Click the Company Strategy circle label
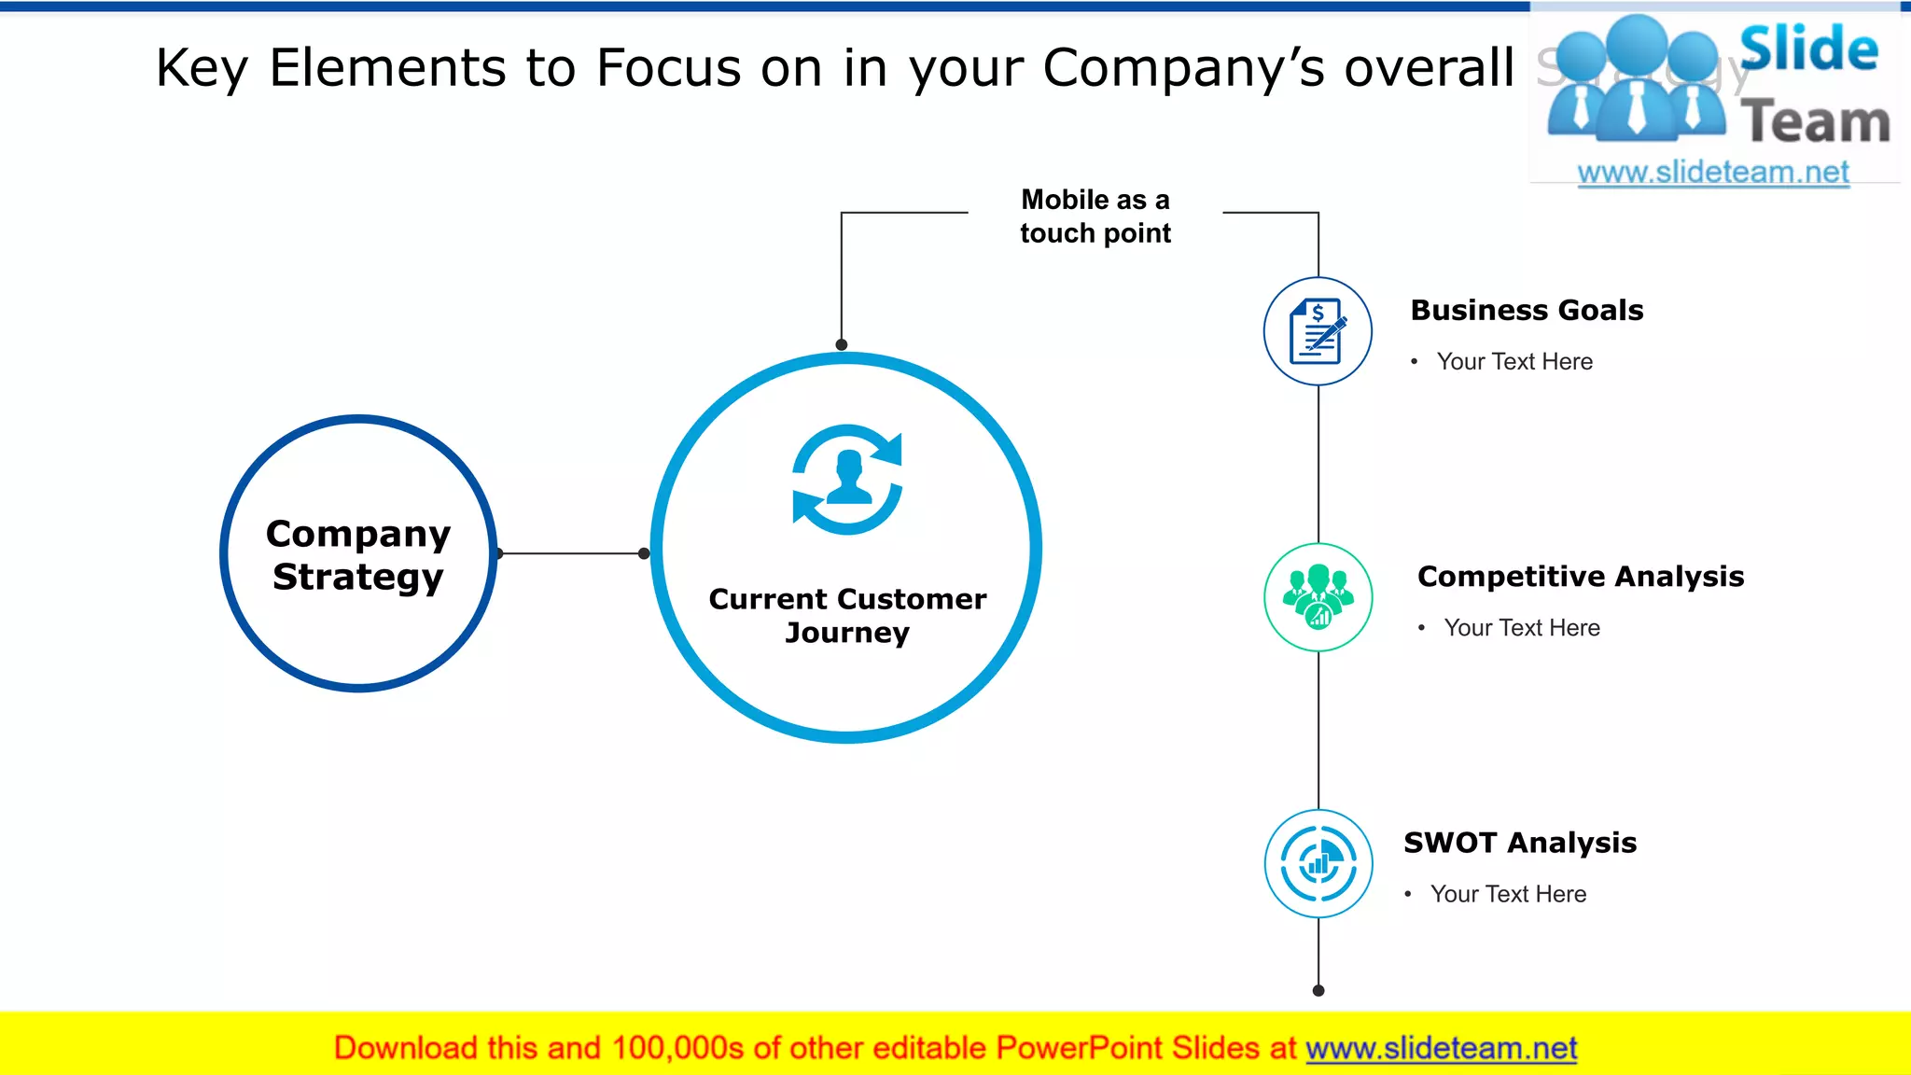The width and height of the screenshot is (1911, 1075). click(x=358, y=554)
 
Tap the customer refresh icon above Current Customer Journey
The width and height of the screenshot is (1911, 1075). click(x=847, y=480)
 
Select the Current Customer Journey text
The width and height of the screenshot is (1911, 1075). click(x=847, y=615)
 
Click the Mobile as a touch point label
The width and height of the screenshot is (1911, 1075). click(x=1095, y=216)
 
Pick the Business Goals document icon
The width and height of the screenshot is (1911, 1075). click(x=1318, y=331)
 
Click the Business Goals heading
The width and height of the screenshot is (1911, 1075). click(x=1527, y=310)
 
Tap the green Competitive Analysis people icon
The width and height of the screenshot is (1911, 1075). click(x=1318, y=597)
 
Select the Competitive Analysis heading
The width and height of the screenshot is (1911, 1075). click(x=1580, y=576)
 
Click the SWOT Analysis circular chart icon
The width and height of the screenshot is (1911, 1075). click(x=1318, y=863)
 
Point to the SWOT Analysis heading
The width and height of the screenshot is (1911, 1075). click(x=1519, y=842)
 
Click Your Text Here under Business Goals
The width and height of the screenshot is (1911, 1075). click(x=1513, y=361)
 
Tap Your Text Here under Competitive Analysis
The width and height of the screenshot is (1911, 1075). click(x=1521, y=627)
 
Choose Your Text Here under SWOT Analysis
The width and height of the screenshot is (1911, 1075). click(x=1508, y=894)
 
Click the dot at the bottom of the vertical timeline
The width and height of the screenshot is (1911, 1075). click(x=1318, y=990)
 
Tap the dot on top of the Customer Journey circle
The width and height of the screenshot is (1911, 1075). click(x=841, y=344)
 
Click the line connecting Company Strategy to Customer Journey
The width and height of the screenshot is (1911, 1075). click(x=571, y=553)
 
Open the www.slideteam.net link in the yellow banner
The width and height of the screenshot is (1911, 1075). click(x=1441, y=1048)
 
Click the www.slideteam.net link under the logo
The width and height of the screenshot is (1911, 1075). click(x=1712, y=172)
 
